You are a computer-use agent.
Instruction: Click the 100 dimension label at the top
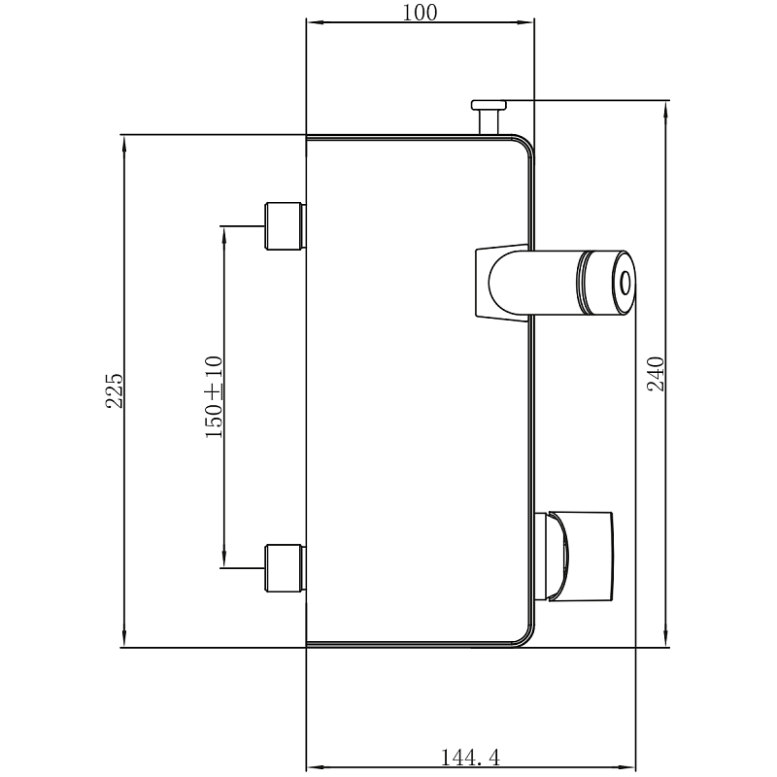tap(420, 13)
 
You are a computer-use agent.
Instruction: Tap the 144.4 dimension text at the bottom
tap(470, 758)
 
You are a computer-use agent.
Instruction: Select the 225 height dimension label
tap(114, 390)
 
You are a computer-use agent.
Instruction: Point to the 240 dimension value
tap(656, 374)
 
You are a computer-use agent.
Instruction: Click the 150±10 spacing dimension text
tap(214, 397)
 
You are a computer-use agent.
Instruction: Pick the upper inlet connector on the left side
tap(286, 226)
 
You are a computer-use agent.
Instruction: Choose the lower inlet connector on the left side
tap(286, 568)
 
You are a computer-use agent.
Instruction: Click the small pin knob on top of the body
tap(489, 117)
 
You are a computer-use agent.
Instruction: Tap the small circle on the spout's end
tap(625, 283)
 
